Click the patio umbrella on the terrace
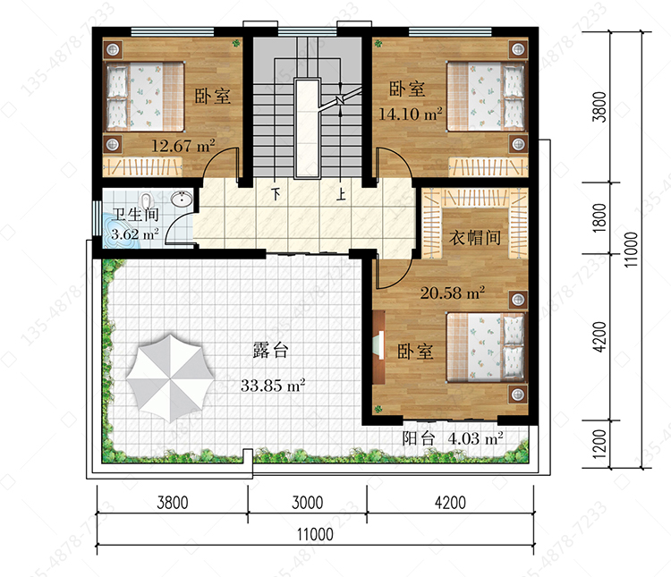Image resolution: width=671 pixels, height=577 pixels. coord(170,378)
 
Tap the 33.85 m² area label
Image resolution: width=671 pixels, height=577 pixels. coord(273,386)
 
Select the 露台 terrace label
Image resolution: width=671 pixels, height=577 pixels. coord(270,350)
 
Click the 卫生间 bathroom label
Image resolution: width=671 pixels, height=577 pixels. coord(135,214)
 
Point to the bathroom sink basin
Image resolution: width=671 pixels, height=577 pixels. coord(182,199)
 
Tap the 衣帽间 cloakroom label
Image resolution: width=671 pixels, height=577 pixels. coord(475,237)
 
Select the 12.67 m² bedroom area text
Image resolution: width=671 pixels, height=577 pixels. coord(183,146)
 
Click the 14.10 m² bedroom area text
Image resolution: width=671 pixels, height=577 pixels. coord(411,114)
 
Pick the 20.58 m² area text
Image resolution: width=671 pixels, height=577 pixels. coord(453,293)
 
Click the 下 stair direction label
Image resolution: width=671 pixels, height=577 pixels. coord(276,194)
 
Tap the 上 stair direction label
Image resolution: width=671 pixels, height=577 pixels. coord(341,194)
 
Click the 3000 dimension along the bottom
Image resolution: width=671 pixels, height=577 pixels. coord(307,502)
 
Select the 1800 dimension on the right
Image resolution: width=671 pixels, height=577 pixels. coord(600,218)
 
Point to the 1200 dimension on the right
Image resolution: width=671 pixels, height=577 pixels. coord(600,444)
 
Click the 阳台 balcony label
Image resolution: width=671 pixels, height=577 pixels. coord(419,438)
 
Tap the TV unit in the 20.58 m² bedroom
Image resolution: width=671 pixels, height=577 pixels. coord(378,347)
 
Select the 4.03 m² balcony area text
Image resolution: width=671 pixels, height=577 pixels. coord(475,438)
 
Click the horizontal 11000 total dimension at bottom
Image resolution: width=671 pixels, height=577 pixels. coord(315,534)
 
